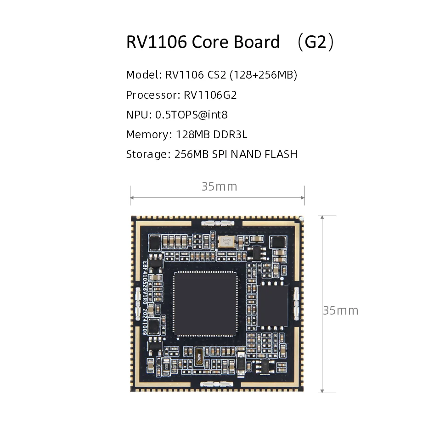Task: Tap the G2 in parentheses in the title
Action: [315, 42]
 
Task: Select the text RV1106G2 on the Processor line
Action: [210, 95]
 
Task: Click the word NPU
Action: [136, 115]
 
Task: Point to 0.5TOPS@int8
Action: [192, 115]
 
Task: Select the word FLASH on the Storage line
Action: [281, 154]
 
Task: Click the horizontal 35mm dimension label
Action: [219, 186]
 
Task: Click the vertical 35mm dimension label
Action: [340, 310]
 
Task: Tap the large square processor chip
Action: [205, 303]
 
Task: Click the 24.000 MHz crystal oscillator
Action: [226, 242]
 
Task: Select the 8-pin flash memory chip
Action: [273, 305]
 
